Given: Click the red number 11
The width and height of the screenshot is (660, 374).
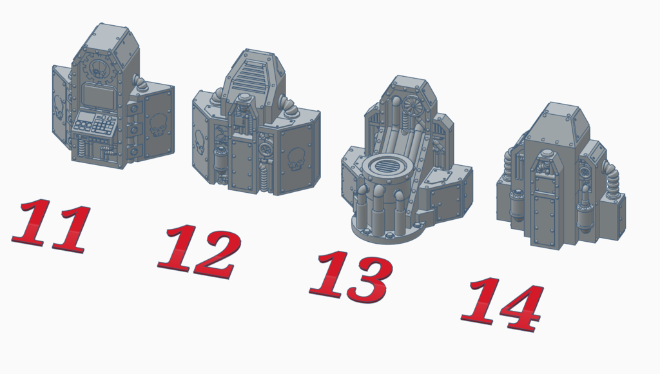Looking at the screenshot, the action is click(52, 226).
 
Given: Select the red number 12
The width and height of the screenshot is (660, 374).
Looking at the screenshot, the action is click(200, 251).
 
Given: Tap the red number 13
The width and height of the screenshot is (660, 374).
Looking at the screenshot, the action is click(352, 276).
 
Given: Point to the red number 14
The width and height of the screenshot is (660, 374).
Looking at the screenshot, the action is click(503, 304).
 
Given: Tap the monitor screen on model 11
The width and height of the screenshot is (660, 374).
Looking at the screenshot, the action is click(99, 97).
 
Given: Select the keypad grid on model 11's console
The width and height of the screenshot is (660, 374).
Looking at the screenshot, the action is click(104, 124).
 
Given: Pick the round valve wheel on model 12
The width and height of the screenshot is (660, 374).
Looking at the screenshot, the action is click(266, 150).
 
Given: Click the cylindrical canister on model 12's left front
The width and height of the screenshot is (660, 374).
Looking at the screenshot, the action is click(220, 161).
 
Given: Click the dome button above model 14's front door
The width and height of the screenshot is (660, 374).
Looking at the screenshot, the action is click(547, 154).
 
